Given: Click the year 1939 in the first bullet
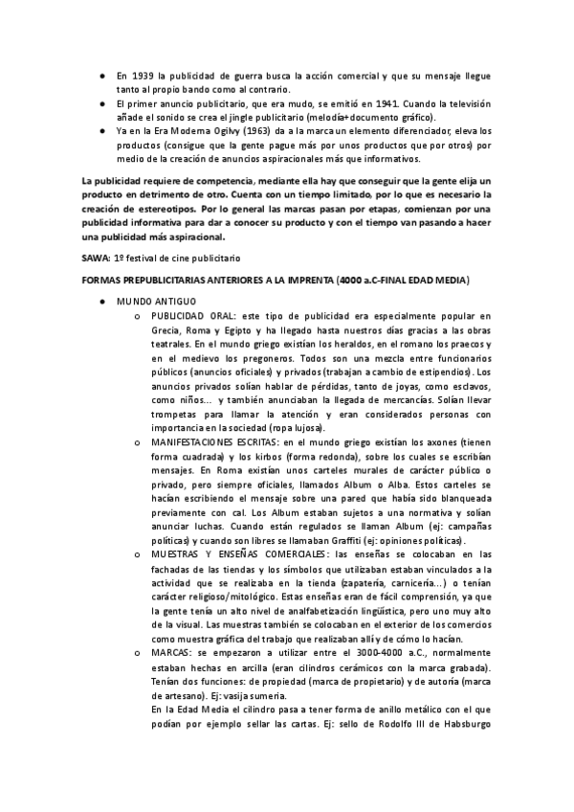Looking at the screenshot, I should click(143, 75).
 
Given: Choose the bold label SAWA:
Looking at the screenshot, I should click(97, 259).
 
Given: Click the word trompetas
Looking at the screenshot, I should click(175, 414).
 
